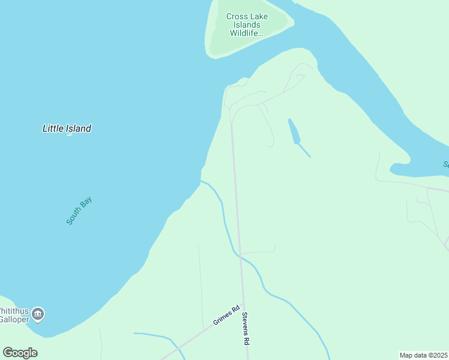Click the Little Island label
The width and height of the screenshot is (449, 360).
(67, 128)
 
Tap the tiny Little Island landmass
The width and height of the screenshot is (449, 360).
(69, 134)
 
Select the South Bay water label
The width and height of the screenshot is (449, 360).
(79, 211)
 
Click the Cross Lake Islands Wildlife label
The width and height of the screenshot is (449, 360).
(247, 25)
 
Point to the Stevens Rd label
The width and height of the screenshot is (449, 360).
(246, 328)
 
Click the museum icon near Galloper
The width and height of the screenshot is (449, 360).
(38, 313)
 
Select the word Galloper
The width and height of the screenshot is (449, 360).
(15, 320)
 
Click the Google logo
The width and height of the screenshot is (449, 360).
(20, 352)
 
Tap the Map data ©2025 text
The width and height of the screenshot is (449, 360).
(423, 355)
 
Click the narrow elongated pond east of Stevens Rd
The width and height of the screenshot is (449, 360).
(294, 132)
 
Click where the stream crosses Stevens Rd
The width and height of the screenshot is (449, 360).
(241, 256)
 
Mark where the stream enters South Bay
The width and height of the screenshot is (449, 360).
(201, 181)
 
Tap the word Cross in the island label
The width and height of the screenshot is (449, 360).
(237, 17)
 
